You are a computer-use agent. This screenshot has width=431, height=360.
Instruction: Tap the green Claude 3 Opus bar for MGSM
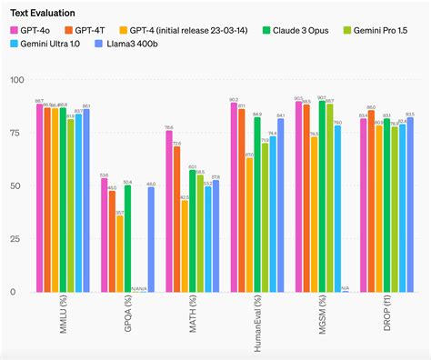pos(322,195)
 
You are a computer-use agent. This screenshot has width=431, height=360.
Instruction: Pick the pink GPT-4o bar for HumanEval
pos(234,196)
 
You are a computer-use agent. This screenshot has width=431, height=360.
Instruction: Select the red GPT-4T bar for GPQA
pos(112,241)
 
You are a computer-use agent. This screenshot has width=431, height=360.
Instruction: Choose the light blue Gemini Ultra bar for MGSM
pos(337,208)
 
